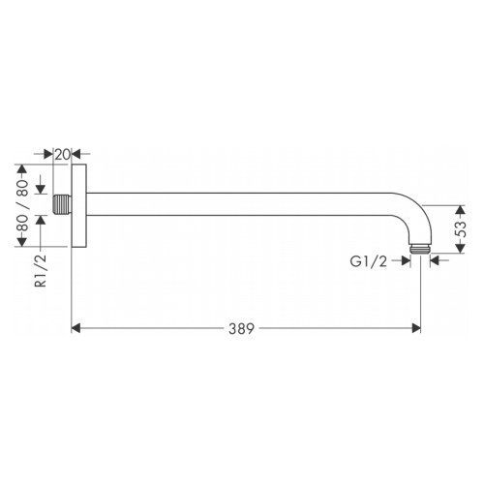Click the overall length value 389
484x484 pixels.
click(x=243, y=329)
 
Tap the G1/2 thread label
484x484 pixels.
click(x=371, y=259)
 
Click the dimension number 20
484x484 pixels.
click(x=62, y=154)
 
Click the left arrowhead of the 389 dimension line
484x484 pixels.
click(x=77, y=329)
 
